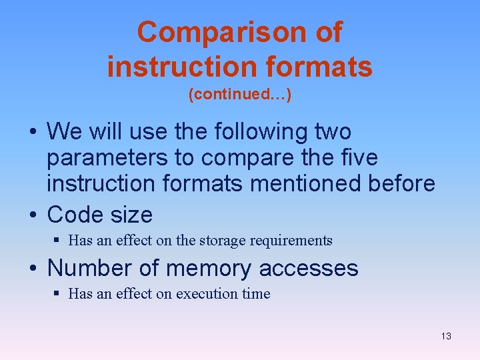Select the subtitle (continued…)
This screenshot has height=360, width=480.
click(x=239, y=95)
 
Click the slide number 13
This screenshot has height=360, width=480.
click(x=446, y=336)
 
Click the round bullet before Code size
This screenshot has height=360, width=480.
click(x=35, y=215)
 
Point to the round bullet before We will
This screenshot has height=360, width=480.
click(x=35, y=133)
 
